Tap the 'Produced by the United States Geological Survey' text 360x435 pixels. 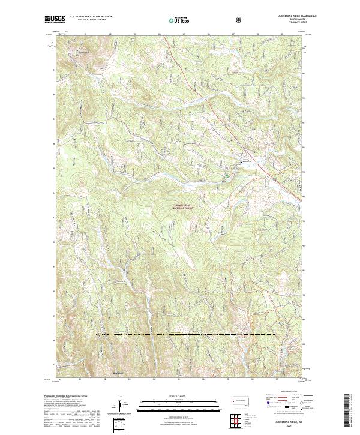(66, 397)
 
